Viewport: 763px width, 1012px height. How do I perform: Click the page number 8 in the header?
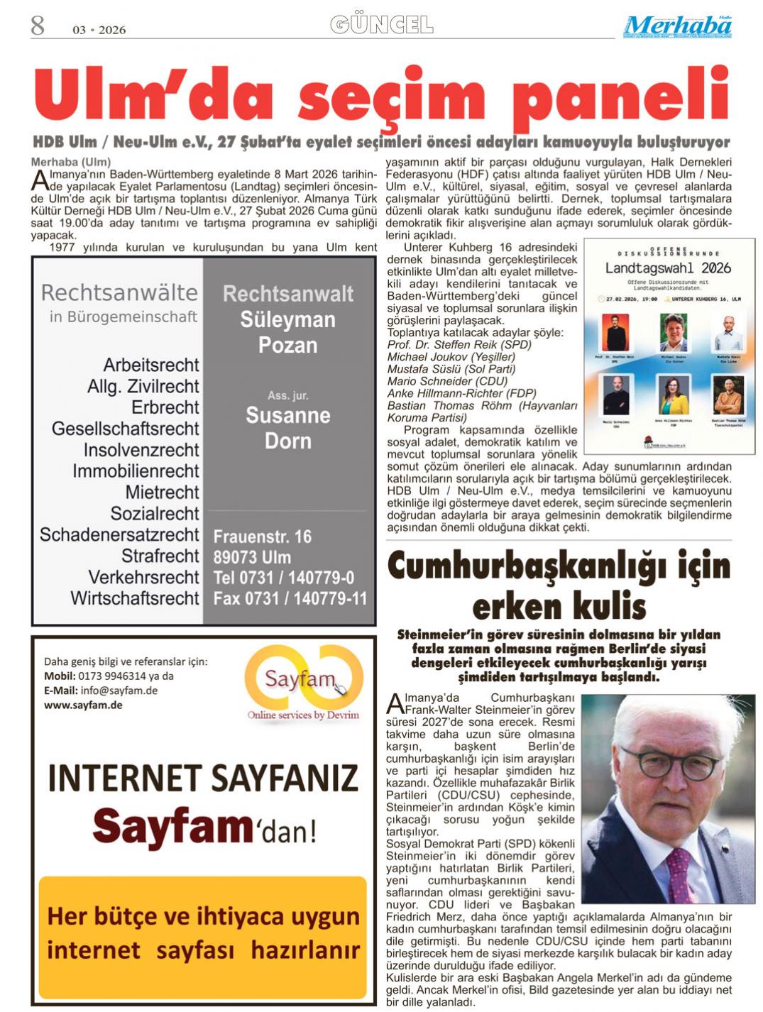coord(37,26)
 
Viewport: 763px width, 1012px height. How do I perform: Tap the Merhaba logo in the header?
coord(678,27)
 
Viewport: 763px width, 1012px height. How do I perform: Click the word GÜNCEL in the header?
coord(382,26)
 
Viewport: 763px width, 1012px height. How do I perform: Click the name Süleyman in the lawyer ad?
coord(287,319)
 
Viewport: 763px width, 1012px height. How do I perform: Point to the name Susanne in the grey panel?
coord(287,415)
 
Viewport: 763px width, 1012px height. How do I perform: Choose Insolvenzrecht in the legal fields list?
coord(141,450)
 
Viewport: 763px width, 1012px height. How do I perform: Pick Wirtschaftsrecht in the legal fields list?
coord(135,598)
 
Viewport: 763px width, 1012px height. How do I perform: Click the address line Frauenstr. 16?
coord(263,537)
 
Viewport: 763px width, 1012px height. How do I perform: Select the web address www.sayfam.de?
coord(83,705)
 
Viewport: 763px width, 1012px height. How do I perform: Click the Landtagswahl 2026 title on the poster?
coord(667,268)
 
